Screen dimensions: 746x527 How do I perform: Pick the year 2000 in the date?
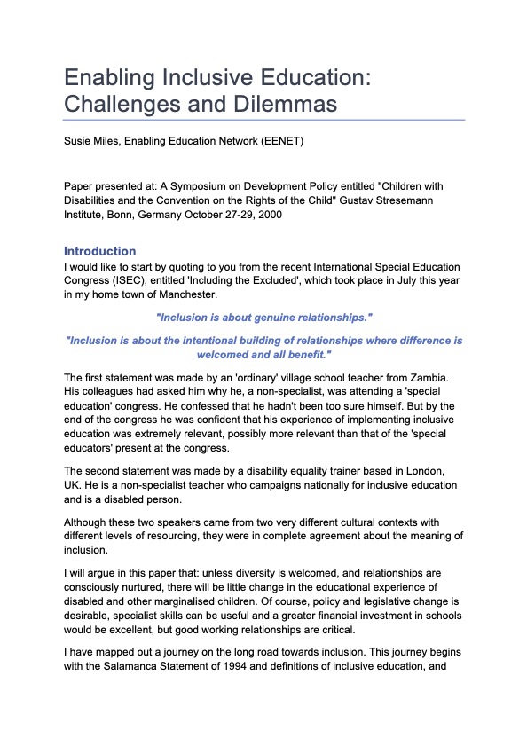click(269, 216)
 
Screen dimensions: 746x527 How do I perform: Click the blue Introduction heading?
click(100, 251)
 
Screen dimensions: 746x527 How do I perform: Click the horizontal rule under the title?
click(263, 119)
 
